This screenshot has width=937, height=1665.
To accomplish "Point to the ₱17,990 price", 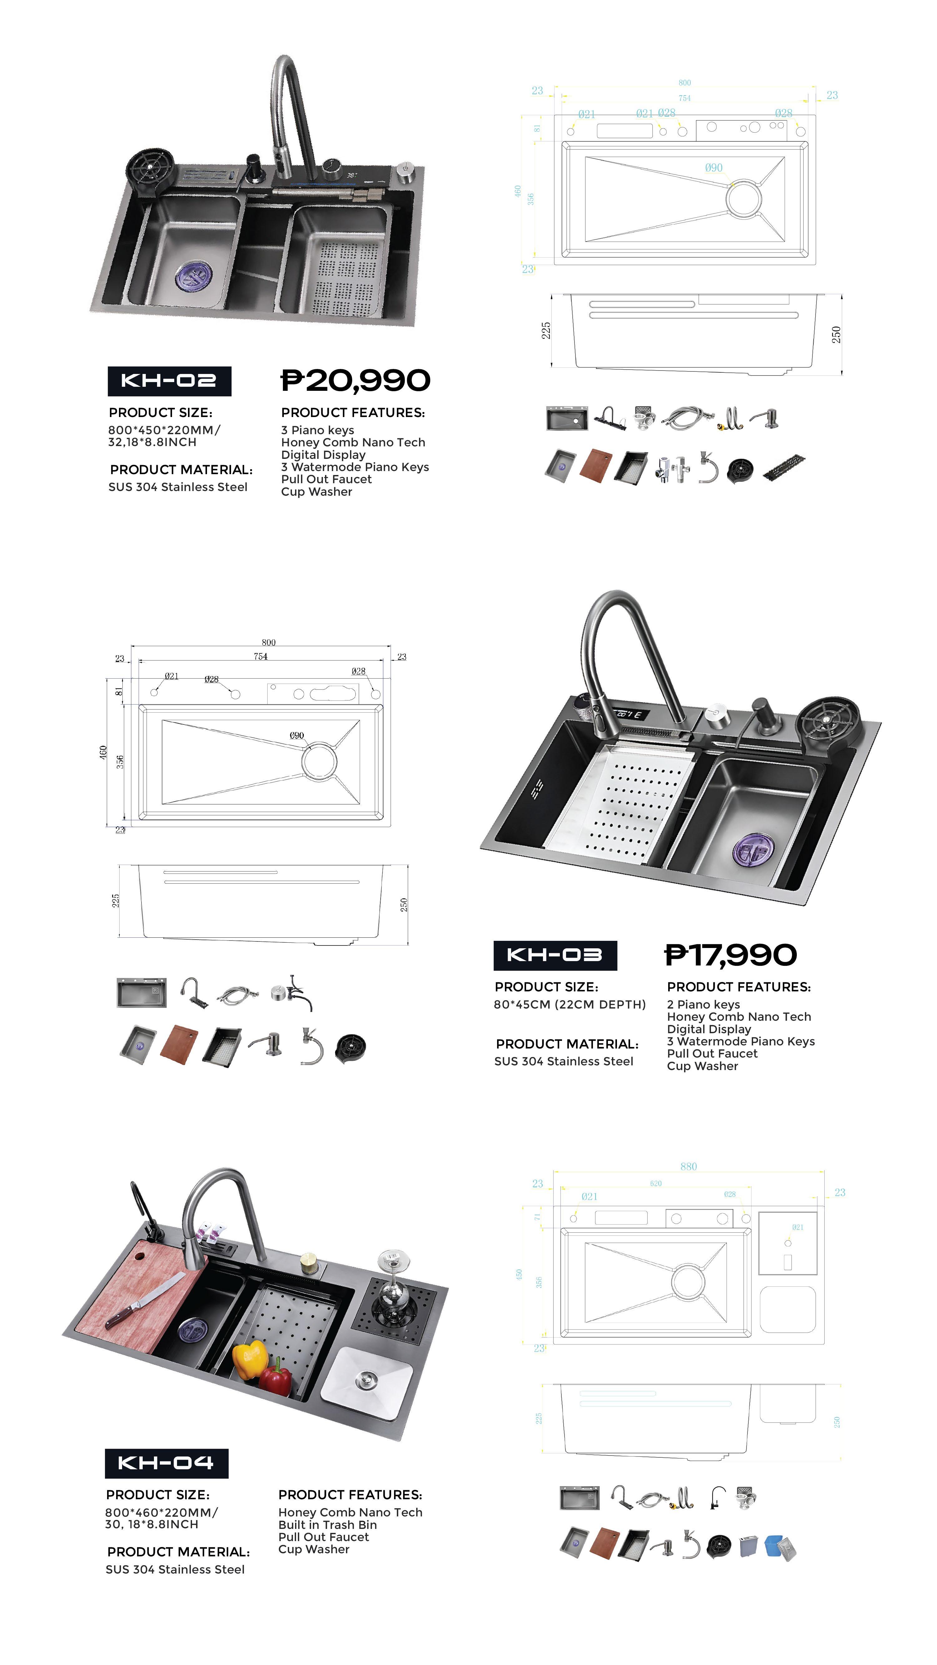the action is (731, 955).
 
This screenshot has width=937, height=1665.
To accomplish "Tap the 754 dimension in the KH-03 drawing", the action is (261, 656).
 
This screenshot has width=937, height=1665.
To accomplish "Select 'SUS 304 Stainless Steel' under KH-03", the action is (563, 1061).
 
